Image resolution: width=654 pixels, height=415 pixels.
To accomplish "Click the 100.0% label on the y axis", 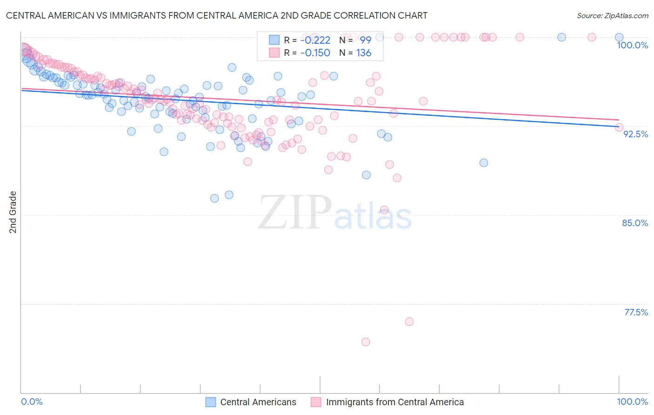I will pyautogui.click(x=632, y=45).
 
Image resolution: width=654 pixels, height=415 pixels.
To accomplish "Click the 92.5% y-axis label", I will pyautogui.click(x=635, y=134).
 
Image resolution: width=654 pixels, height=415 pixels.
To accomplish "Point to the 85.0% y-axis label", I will pyautogui.click(x=635, y=223).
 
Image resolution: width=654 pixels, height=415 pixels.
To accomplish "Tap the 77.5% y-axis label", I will pyautogui.click(x=636, y=312).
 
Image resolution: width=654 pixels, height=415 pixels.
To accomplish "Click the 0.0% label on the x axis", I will pyautogui.click(x=32, y=402).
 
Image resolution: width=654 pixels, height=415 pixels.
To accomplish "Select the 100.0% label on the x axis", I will pyautogui.click(x=632, y=402).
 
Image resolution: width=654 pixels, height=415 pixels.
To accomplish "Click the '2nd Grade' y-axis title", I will pyautogui.click(x=13, y=212).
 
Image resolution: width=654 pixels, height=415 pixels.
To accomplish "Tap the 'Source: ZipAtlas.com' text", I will pyautogui.click(x=612, y=15).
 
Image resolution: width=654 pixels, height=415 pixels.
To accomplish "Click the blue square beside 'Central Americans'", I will pyautogui.click(x=211, y=402).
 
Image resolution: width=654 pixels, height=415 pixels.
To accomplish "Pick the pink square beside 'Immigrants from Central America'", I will pyautogui.click(x=316, y=402).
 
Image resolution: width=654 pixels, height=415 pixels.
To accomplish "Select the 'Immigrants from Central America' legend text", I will pyautogui.click(x=395, y=402).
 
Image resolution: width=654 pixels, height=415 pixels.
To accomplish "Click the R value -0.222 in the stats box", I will pyautogui.click(x=315, y=40).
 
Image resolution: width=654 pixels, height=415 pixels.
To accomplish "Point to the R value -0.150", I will pyautogui.click(x=315, y=53).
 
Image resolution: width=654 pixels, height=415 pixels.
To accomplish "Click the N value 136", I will pyautogui.click(x=364, y=53).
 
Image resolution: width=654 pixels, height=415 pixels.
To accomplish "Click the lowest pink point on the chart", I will pyautogui.click(x=366, y=342).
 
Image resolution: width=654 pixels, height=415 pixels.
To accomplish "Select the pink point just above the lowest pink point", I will pyautogui.click(x=409, y=321).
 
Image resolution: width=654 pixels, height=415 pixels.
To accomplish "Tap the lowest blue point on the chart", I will pyautogui.click(x=214, y=198).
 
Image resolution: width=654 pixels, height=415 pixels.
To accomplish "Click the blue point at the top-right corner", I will pyautogui.click(x=619, y=37).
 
